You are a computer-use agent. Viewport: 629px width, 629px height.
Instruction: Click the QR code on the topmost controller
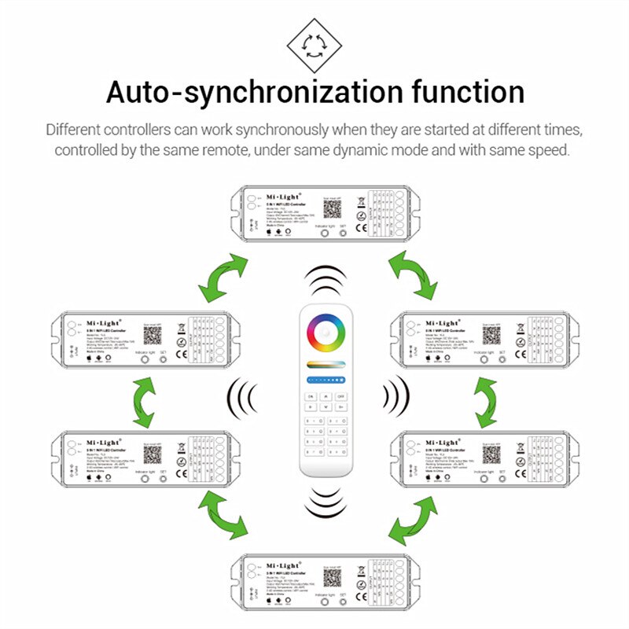click(x=330, y=207)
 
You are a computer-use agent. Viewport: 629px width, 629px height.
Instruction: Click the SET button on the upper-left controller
click(x=163, y=357)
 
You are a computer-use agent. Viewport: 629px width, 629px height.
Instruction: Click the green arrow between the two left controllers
click(x=145, y=398)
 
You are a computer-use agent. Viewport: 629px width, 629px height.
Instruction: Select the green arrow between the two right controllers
click(x=486, y=398)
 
